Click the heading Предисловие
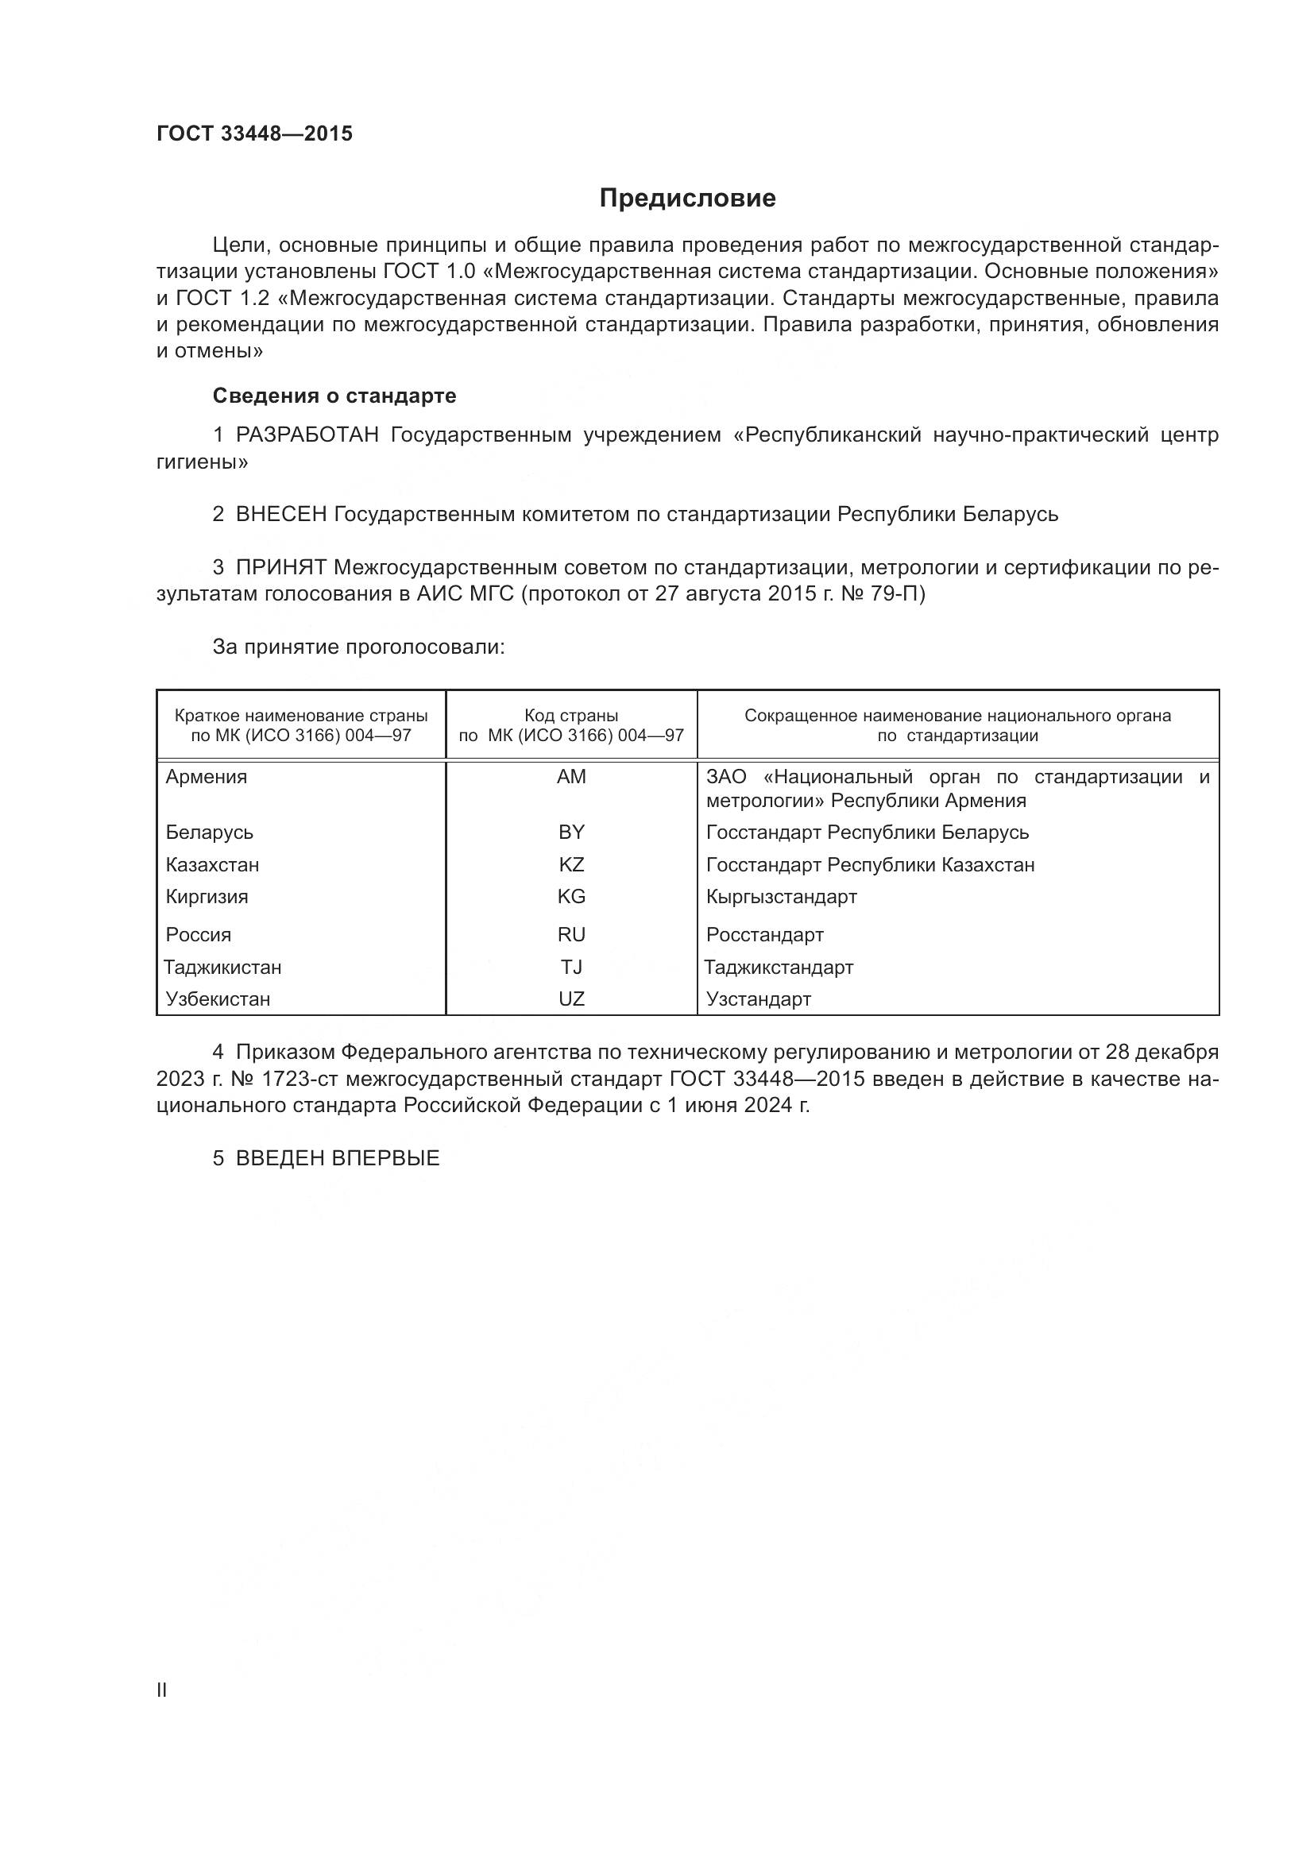pyautogui.click(x=687, y=199)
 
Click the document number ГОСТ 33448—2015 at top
pyautogui.click(x=255, y=133)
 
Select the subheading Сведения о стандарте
pyautogui.click(x=334, y=396)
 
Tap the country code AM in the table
pyautogui.click(x=571, y=777)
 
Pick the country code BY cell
pyautogui.click(x=571, y=832)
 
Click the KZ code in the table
pyautogui.click(x=571, y=864)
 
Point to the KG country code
pyautogui.click(x=571, y=897)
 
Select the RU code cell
pyautogui.click(x=571, y=935)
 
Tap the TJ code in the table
pyautogui.click(x=571, y=967)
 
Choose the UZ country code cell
pyautogui.click(x=571, y=999)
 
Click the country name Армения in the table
pyautogui.click(x=207, y=777)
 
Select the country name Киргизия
pyautogui.click(x=207, y=897)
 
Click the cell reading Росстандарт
pyautogui.click(x=764, y=935)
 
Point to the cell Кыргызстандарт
pyautogui.click(x=781, y=897)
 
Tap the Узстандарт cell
pyautogui.click(x=758, y=999)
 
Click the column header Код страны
pyautogui.click(x=571, y=716)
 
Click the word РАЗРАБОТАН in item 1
pyautogui.click(x=307, y=435)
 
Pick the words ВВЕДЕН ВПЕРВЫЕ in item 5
pyautogui.click(x=338, y=1158)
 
